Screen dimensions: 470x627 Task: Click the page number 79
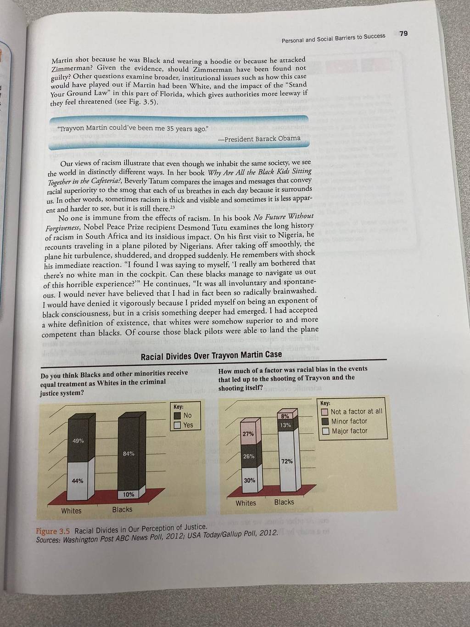click(403, 34)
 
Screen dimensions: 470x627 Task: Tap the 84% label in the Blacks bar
click(129, 453)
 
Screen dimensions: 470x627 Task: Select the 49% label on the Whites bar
click(78, 441)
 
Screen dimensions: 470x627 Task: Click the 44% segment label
click(78, 481)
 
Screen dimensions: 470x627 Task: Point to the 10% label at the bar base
click(129, 494)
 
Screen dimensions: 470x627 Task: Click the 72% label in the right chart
click(287, 461)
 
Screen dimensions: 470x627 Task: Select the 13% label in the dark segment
click(285, 425)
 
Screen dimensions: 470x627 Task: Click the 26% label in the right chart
click(249, 457)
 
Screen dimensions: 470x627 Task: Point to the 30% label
click(249, 480)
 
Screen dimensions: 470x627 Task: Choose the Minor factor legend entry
click(345, 421)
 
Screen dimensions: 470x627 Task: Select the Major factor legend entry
click(345, 431)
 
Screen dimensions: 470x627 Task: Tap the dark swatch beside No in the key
click(177, 416)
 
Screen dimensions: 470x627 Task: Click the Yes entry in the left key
click(184, 425)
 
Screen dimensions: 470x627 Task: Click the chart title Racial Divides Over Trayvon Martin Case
click(212, 356)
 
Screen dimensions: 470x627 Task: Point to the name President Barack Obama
click(262, 139)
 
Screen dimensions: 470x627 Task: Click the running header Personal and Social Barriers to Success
click(333, 38)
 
